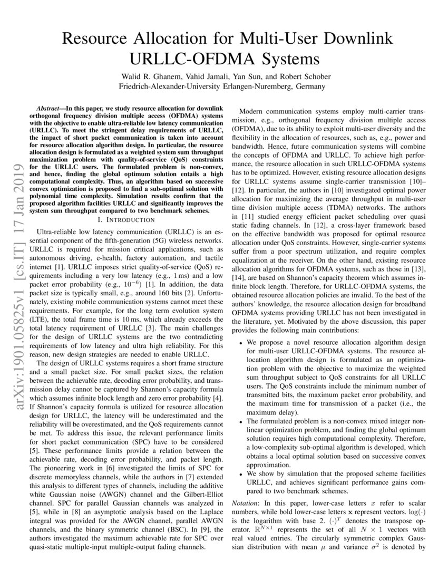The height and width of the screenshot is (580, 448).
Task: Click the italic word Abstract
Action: pyautogui.click(x=56, y=107)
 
